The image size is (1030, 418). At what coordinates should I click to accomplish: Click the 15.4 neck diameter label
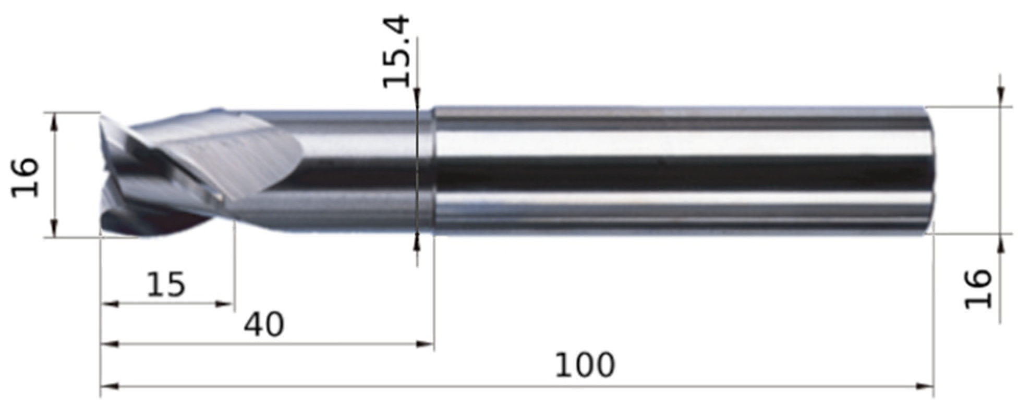pos(396,52)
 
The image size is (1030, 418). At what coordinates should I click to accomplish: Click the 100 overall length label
pos(585,365)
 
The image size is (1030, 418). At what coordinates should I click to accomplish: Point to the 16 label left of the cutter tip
pos(25,177)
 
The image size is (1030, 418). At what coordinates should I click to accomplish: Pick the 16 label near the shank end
pos(978,289)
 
